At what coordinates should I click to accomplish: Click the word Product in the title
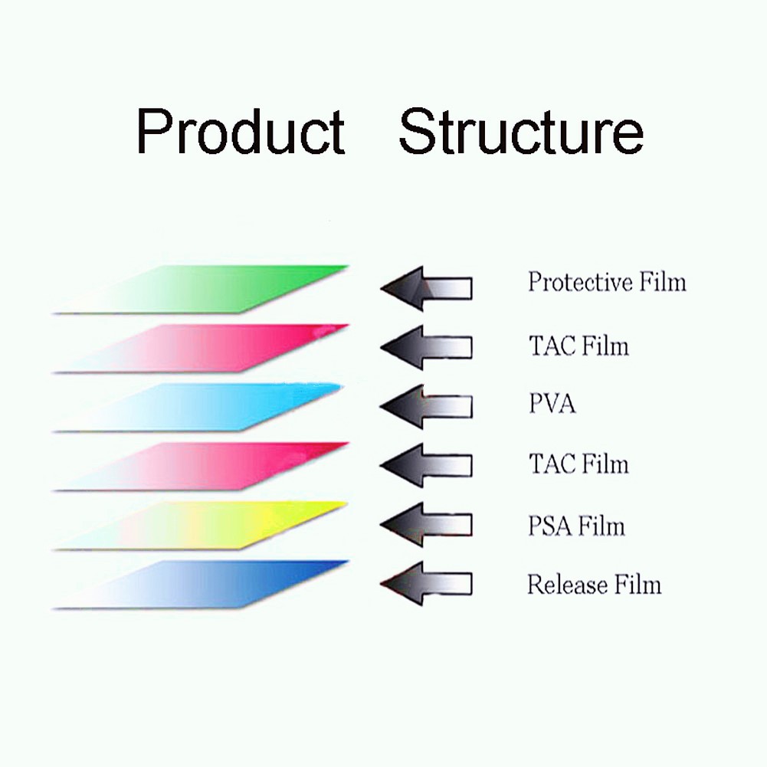click(x=241, y=131)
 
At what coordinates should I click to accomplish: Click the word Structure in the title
click(x=521, y=131)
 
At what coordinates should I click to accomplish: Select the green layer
click(x=201, y=289)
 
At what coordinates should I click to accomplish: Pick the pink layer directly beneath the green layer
click(x=201, y=348)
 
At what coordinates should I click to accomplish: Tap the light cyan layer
click(x=198, y=407)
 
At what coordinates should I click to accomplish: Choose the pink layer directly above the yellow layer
click(x=201, y=466)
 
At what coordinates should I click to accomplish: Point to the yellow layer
click(x=201, y=526)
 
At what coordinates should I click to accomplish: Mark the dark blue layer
click(x=201, y=585)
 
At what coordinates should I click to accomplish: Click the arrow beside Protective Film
click(x=427, y=288)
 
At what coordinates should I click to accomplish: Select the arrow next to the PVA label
click(x=427, y=407)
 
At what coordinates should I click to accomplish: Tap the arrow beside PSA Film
click(x=427, y=524)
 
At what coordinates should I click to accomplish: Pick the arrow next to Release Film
click(x=427, y=584)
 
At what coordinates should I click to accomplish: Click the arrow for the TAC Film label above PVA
click(x=427, y=347)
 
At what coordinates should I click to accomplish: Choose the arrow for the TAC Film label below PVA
click(x=427, y=465)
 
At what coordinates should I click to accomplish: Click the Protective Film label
click(x=607, y=282)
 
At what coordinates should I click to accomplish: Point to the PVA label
click(x=552, y=404)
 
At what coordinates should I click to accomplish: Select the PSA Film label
click(x=577, y=526)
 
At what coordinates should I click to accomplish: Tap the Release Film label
click(x=595, y=584)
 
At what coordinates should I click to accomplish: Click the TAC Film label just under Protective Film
click(x=579, y=346)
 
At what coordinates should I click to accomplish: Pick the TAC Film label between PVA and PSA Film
click(x=579, y=464)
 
